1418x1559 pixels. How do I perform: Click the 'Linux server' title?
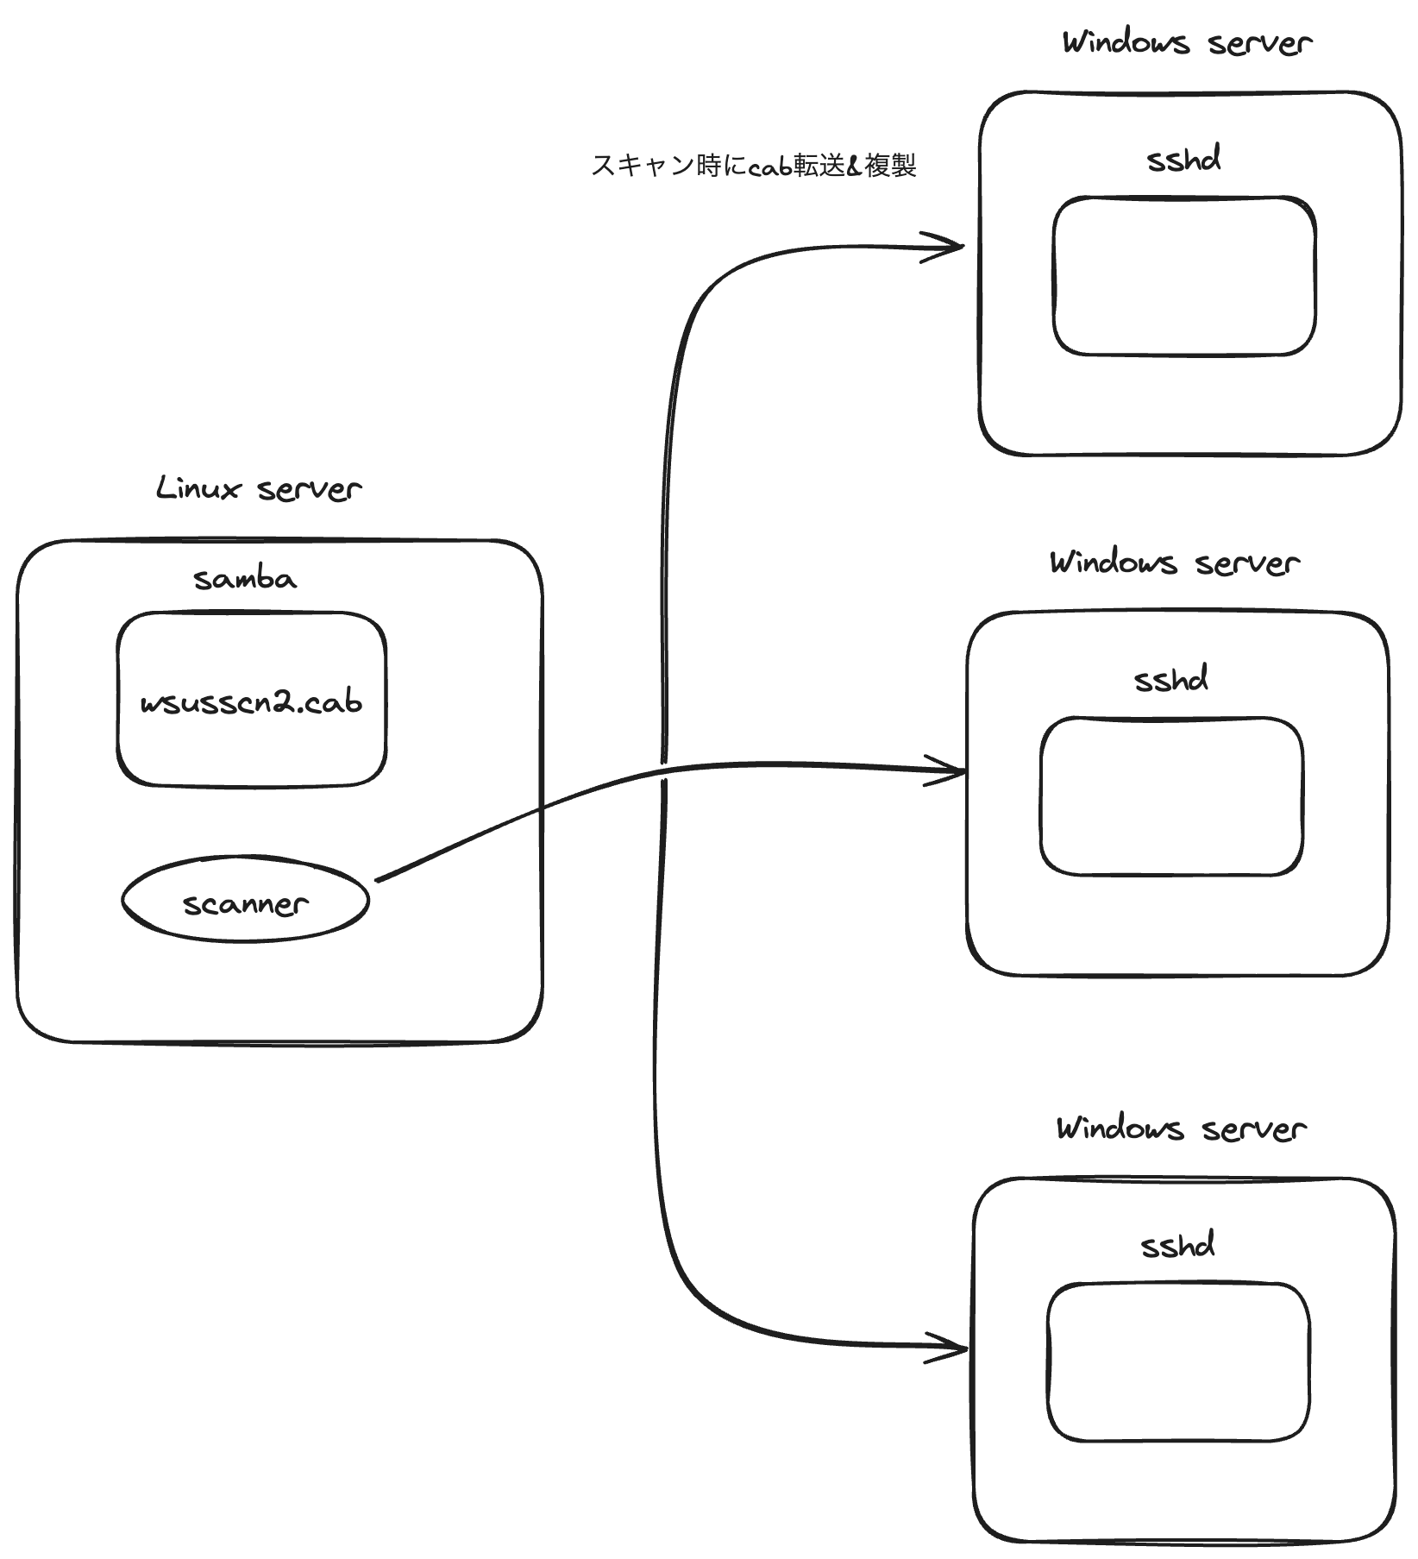point(259,489)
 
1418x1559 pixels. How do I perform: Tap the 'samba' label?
point(245,579)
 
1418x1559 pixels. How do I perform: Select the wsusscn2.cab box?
point(251,700)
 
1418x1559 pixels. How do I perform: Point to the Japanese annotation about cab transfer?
point(753,166)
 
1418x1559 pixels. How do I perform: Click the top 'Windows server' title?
point(1187,42)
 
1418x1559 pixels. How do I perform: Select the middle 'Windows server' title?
point(1174,563)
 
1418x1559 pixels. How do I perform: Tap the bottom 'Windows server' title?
point(1181,1128)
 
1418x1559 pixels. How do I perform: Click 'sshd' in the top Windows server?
point(1183,160)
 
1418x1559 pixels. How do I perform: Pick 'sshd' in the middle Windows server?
point(1170,680)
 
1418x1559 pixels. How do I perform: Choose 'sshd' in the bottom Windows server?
point(1177,1246)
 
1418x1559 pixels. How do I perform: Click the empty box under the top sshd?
point(1184,276)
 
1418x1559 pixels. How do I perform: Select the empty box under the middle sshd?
point(1171,796)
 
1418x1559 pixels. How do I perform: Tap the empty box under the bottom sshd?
point(1178,1362)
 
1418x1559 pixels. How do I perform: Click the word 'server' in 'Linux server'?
point(309,490)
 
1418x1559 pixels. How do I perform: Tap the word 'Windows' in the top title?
point(1126,42)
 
